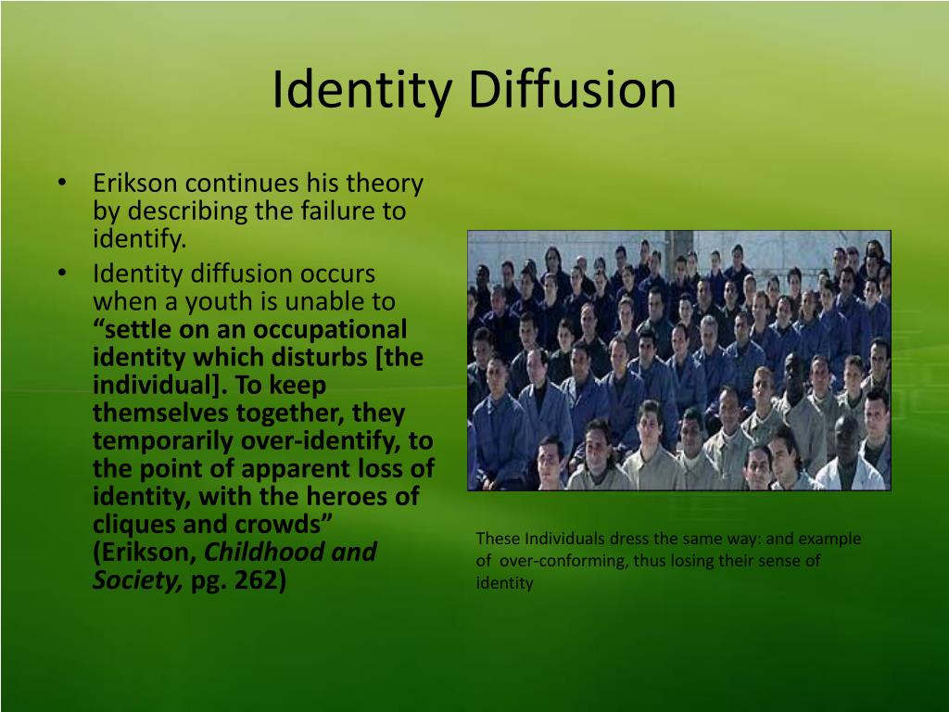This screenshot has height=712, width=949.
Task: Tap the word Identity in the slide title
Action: point(362,90)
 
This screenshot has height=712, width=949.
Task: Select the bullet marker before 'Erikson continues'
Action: point(60,183)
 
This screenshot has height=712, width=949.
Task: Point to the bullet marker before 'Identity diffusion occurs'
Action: point(60,273)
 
